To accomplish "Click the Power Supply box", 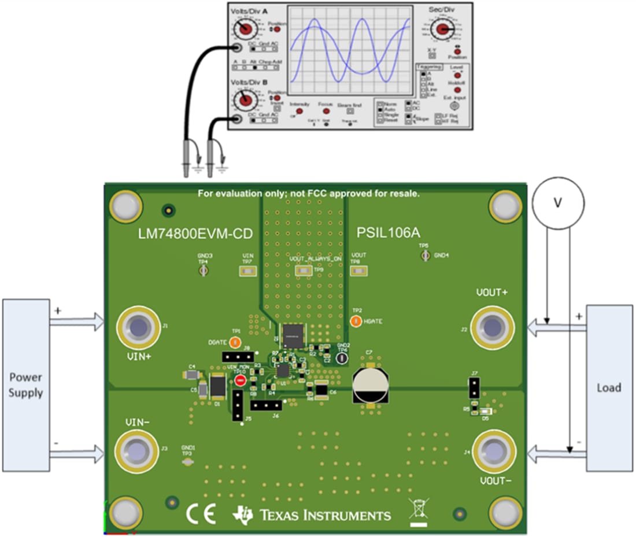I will pyautogui.click(x=25, y=384).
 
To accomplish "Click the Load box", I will pyautogui.click(x=609, y=387).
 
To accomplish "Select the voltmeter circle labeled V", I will pyautogui.click(x=558, y=203).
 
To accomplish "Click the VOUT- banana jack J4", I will pyautogui.click(x=493, y=450).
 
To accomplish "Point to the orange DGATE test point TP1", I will pyautogui.click(x=234, y=342).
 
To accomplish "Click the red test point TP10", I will pyautogui.click(x=240, y=380).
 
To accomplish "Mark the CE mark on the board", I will pyautogui.click(x=201, y=513).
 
